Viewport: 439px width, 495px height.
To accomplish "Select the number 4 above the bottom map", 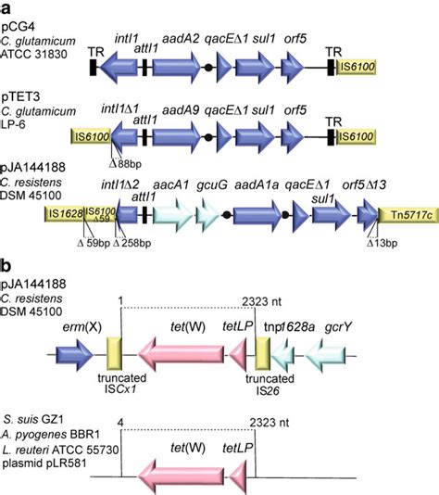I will pos(121,423).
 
